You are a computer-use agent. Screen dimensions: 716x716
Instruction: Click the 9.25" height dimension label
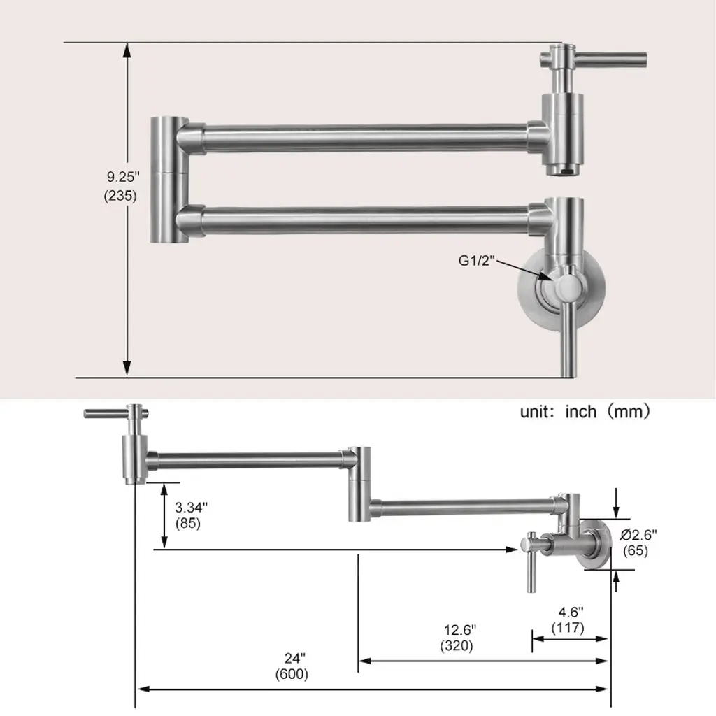point(123,177)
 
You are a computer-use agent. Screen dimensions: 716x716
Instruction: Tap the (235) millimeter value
point(120,196)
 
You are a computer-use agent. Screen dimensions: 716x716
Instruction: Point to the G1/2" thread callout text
point(477,261)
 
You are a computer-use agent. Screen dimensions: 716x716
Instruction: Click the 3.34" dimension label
point(192,507)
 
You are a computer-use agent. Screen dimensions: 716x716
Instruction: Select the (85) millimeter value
point(188,523)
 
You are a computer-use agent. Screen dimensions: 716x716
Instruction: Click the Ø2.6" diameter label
point(638,534)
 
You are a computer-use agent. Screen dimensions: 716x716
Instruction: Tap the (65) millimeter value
point(636,551)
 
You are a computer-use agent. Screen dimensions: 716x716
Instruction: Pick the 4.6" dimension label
point(571,611)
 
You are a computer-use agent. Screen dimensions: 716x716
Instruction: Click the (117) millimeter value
point(568,628)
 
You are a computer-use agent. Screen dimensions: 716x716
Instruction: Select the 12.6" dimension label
point(460,630)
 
